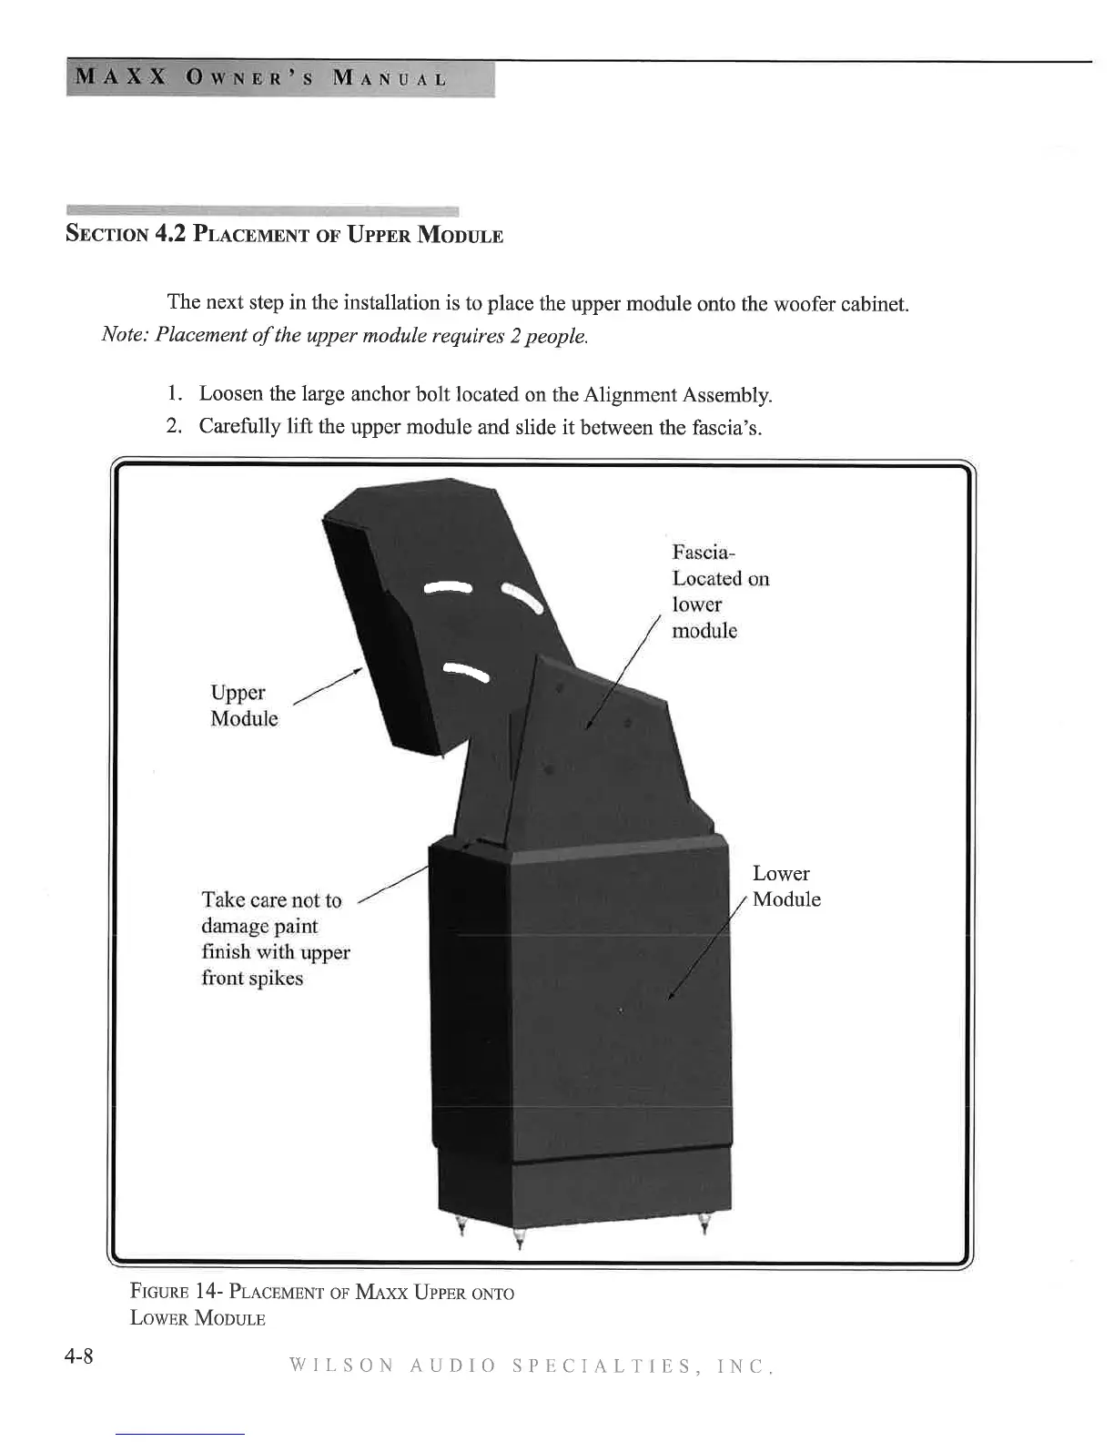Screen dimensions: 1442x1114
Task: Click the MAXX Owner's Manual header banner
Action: (x=279, y=78)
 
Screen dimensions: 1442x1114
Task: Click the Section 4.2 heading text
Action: (x=284, y=234)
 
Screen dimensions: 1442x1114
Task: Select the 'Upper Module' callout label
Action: (x=243, y=706)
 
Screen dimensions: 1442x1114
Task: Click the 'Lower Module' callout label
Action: (x=785, y=887)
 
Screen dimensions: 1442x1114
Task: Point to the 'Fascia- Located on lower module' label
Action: (x=720, y=591)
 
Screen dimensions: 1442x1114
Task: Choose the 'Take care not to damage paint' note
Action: (x=275, y=939)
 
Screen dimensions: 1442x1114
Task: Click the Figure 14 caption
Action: (x=322, y=1305)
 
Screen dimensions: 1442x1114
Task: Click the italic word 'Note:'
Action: (x=126, y=335)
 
